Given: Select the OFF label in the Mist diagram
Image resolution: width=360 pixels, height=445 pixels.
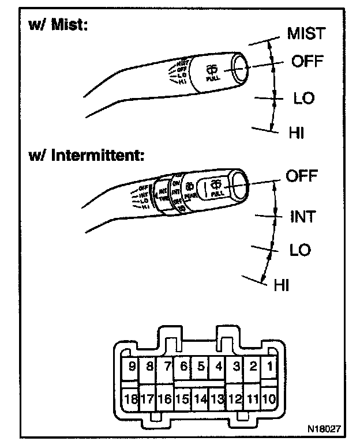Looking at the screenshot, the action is pyautogui.click(x=307, y=61).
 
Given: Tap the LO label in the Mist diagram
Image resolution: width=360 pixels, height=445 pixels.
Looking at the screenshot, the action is pyautogui.click(x=303, y=98).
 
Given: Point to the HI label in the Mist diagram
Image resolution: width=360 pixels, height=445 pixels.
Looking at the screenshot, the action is pyautogui.click(x=296, y=133).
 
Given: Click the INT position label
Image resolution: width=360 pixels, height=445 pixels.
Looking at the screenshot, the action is pyautogui.click(x=302, y=217).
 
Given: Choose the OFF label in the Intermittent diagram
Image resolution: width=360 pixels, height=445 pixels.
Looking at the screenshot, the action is pyautogui.click(x=302, y=176).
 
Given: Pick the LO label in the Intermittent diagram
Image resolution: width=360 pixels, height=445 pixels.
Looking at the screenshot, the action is pyautogui.click(x=299, y=250).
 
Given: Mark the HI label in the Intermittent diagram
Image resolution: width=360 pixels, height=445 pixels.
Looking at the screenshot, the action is pyautogui.click(x=281, y=284).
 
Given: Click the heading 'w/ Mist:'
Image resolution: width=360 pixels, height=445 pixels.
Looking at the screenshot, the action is pyautogui.click(x=57, y=26).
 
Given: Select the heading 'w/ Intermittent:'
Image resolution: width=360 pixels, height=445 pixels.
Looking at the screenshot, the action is pyautogui.click(x=87, y=156).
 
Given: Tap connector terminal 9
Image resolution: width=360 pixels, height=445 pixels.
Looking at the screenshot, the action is pyautogui.click(x=132, y=365).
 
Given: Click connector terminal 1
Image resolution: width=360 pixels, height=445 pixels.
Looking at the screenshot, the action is pyautogui.click(x=269, y=365).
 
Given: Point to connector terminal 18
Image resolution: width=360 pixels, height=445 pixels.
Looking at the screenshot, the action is pyautogui.click(x=132, y=398).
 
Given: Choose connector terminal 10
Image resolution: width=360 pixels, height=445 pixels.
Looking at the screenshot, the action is pyautogui.click(x=269, y=398).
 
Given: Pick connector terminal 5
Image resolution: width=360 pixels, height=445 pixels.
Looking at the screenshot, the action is pyautogui.click(x=201, y=365).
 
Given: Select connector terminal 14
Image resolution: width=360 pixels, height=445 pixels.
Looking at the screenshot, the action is pyautogui.click(x=201, y=398).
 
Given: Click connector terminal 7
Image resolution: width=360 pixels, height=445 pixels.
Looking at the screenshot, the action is pyautogui.click(x=167, y=365).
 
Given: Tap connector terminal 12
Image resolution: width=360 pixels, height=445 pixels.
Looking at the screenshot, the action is pyautogui.click(x=235, y=398).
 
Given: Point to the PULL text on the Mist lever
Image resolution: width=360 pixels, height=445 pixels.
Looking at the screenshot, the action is pyautogui.click(x=211, y=77).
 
